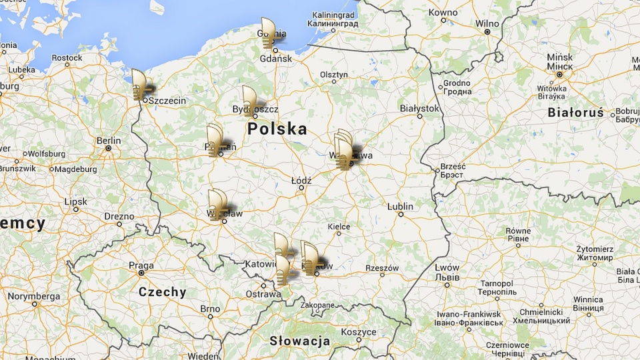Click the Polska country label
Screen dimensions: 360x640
[277, 129]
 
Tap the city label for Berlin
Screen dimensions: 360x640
[109, 141]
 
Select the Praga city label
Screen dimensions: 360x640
[141, 265]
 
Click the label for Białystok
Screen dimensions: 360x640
[419, 108]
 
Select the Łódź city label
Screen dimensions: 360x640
[301, 181]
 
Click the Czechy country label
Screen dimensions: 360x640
[162, 292]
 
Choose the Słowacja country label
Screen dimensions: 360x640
[299, 341]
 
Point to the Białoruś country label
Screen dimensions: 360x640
[576, 113]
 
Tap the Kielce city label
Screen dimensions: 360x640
[339, 227]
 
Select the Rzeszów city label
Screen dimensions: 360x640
[382, 269]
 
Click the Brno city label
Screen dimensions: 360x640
[209, 309]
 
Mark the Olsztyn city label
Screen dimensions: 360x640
[333, 74]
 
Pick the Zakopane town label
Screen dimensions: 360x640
[317, 305]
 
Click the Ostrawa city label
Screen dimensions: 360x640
[263, 294]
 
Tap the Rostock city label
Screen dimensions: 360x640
[67, 58]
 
